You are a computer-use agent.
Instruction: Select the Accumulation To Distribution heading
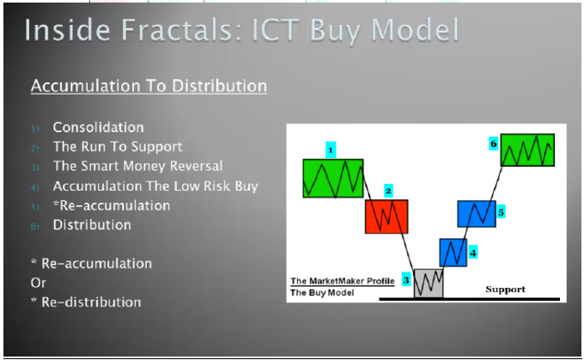coord(149,86)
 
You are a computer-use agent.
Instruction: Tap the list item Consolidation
coord(98,127)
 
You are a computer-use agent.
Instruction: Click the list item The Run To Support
coord(118,147)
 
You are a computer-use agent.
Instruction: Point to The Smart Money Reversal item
coord(137,166)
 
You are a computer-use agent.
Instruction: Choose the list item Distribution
coord(92,225)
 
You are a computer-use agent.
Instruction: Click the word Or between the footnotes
coord(39,283)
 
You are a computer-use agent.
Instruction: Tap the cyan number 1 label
coord(331,149)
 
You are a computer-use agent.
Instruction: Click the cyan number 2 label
coord(388,192)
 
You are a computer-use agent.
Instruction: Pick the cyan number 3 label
coord(406,279)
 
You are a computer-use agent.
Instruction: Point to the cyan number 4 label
coord(472,253)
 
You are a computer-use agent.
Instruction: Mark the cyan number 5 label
coord(501,212)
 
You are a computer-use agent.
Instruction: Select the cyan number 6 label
coord(494,143)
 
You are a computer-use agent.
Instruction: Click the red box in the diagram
coord(386,217)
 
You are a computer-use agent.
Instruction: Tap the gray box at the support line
coord(429,284)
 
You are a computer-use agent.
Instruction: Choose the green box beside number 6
coord(527,149)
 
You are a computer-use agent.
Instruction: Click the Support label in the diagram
coord(505,290)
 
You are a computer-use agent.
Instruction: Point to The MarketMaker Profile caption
coord(343,281)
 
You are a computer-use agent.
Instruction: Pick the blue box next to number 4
coord(453,253)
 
